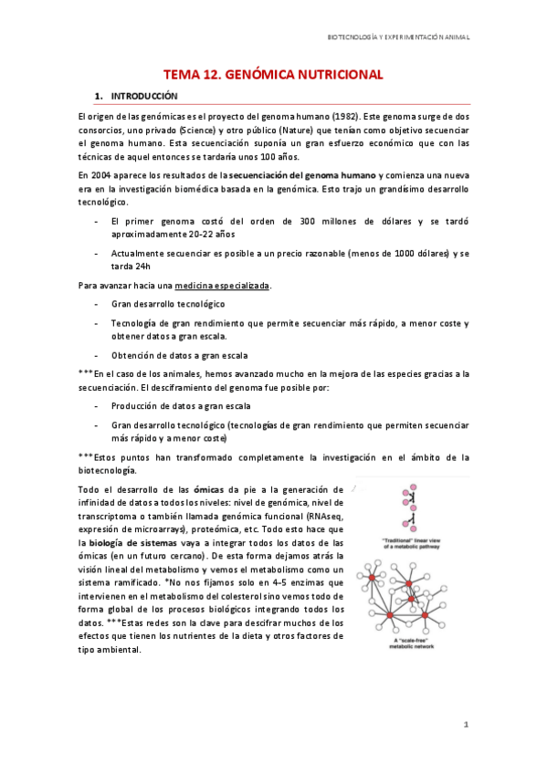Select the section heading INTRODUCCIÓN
click(144, 96)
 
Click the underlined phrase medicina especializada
click(223, 286)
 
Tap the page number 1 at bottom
click(465, 725)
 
